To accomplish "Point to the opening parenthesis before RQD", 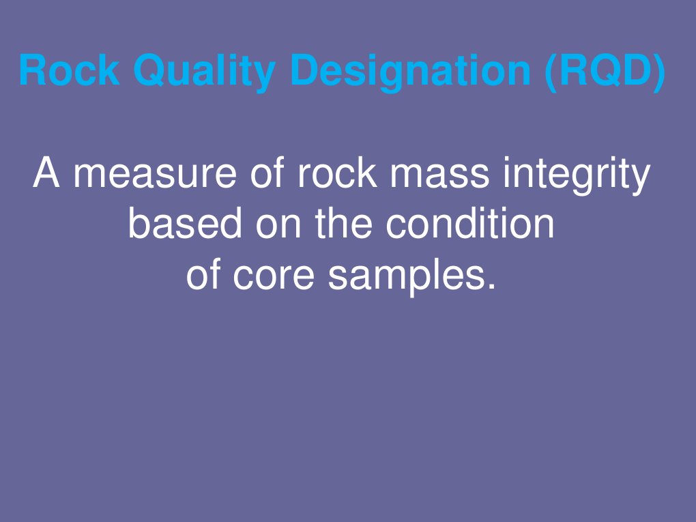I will [551, 71].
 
